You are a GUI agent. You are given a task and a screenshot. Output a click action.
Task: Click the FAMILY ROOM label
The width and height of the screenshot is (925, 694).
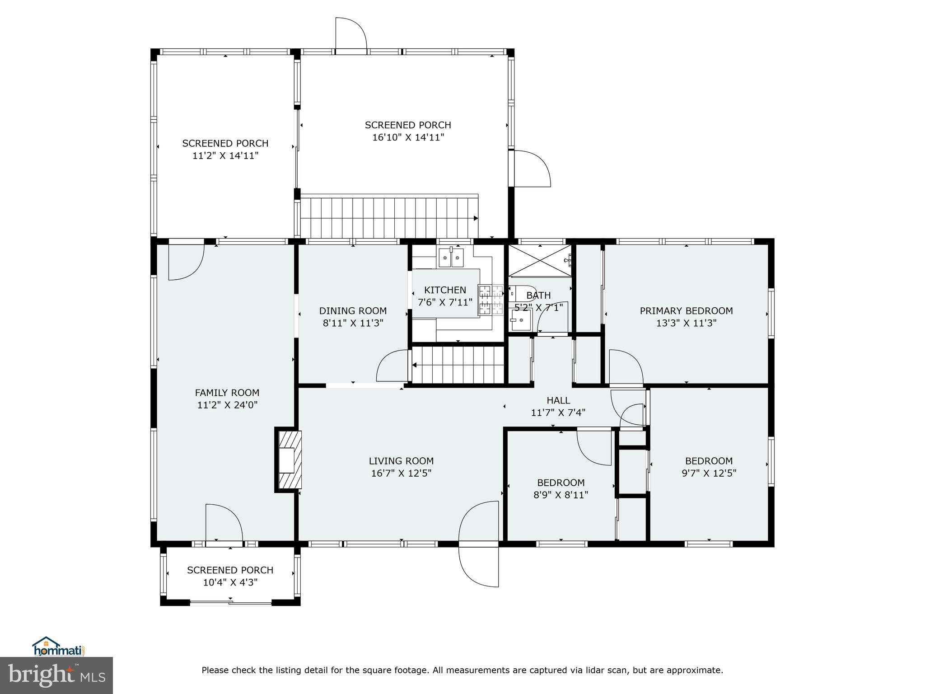click(x=227, y=393)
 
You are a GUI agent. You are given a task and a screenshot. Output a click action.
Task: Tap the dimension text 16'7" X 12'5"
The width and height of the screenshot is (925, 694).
click(x=401, y=473)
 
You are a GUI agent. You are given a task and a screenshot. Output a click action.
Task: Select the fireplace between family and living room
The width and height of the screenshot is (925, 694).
click(x=289, y=460)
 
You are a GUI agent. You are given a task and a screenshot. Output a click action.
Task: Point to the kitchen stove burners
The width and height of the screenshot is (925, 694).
click(x=491, y=299)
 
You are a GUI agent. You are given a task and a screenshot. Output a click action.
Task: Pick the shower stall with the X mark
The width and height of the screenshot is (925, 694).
click(x=539, y=260)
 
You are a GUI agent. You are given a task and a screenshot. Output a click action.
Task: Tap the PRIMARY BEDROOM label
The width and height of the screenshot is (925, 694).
click(x=686, y=310)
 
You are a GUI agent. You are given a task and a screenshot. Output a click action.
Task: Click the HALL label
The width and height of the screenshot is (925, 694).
click(x=558, y=400)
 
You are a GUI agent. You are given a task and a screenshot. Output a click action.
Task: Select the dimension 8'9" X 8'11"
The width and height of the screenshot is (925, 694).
click(x=561, y=495)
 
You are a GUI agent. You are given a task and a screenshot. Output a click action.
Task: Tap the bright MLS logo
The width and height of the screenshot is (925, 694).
click(x=56, y=675)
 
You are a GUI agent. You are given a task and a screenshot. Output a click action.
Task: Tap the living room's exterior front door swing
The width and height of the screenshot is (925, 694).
click(x=478, y=564)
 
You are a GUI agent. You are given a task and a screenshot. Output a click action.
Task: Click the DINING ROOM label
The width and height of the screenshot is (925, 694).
click(x=353, y=310)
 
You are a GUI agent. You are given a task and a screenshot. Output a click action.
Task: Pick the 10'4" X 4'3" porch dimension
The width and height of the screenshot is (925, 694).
click(x=230, y=582)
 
